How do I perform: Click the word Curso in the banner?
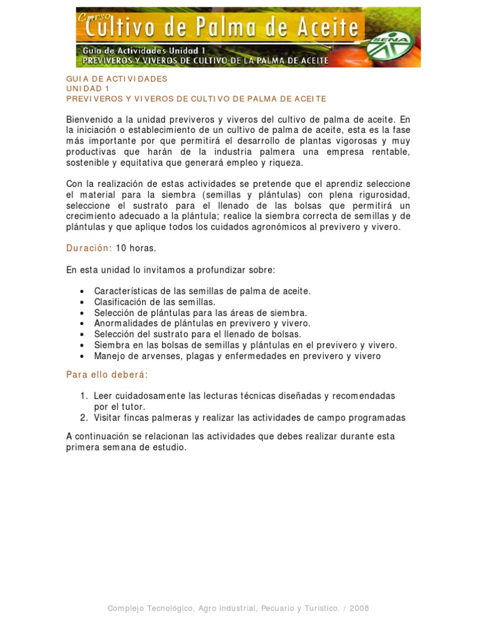click(x=92, y=19)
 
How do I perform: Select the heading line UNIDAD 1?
click(x=87, y=89)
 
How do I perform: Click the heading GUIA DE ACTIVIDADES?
click(x=117, y=79)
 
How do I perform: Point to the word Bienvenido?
click(x=90, y=119)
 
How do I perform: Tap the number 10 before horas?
click(x=121, y=248)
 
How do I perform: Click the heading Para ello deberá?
click(x=107, y=375)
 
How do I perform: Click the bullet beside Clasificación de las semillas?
click(x=83, y=302)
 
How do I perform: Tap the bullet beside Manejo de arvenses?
click(x=83, y=357)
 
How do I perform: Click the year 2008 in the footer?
click(x=360, y=608)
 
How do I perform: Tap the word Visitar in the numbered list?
click(x=110, y=418)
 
